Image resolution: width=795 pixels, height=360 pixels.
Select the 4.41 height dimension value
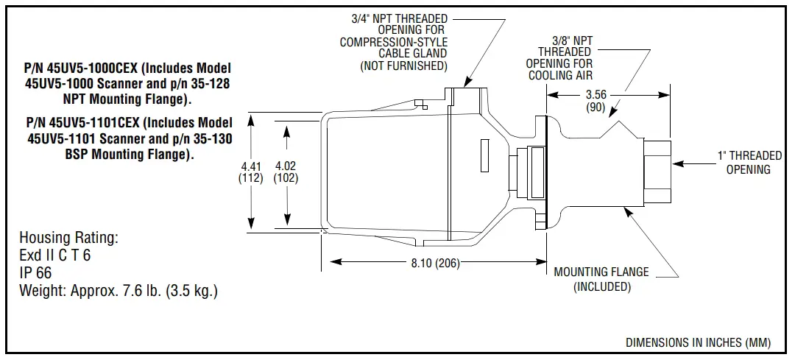(252, 166)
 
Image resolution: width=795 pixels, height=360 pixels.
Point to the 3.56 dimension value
(596, 94)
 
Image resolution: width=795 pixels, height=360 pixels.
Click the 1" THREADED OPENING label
(749, 162)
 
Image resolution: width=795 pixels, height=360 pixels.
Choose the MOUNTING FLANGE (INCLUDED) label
(601, 279)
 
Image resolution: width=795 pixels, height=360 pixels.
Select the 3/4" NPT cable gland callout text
(394, 42)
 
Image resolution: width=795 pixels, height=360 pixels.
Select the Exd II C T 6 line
(55, 256)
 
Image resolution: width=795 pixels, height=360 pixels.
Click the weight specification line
(119, 291)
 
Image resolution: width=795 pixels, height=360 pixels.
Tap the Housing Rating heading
(68, 239)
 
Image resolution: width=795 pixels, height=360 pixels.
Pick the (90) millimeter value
(596, 107)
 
